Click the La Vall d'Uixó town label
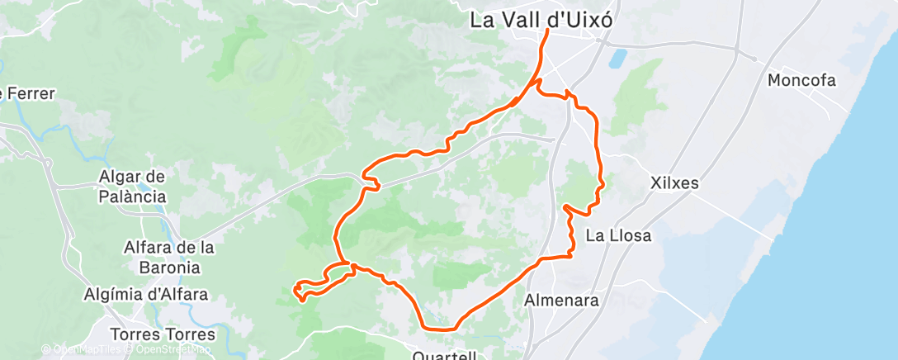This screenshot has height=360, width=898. (541, 20)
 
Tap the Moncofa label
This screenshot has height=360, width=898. (801, 81)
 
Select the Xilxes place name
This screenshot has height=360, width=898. (674, 182)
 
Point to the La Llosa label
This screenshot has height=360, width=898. (618, 235)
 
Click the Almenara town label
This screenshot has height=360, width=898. (561, 301)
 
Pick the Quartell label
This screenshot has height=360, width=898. (445, 355)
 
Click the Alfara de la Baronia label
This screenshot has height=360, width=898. (168, 257)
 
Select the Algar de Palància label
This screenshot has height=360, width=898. (132, 186)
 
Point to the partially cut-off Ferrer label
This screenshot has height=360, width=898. (28, 93)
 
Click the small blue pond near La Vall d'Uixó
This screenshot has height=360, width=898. (617, 59)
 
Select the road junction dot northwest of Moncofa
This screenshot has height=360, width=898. (754, 58)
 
